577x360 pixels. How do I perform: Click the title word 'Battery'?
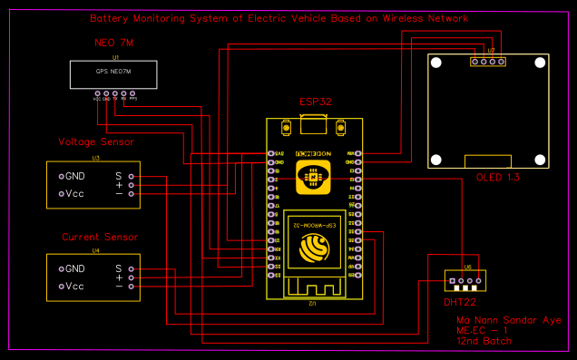pyautogui.click(x=110, y=19)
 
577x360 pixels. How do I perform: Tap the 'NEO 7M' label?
pyautogui.click(x=113, y=44)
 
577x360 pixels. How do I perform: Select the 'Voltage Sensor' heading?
pyautogui.click(x=96, y=141)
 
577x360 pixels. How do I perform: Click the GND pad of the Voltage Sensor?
pyautogui.click(x=62, y=176)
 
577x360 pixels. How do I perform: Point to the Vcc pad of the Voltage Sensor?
pyautogui.click(x=62, y=193)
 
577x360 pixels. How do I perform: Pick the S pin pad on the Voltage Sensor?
pyautogui.click(x=132, y=176)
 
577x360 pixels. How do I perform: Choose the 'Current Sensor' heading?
pyautogui.click(x=100, y=237)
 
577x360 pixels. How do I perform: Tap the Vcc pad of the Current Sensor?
pyautogui.click(x=62, y=287)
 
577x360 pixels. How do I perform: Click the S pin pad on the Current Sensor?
pyautogui.click(x=132, y=269)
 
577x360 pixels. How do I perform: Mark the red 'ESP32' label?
pyautogui.click(x=314, y=102)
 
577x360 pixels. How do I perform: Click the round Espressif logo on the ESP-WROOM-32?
pyautogui.click(x=314, y=246)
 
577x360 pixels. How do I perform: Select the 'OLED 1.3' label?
pyautogui.click(x=498, y=178)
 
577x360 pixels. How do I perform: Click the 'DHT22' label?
pyautogui.click(x=460, y=302)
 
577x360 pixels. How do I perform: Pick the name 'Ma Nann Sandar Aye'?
pyautogui.click(x=509, y=321)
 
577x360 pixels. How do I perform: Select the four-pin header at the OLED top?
pyautogui.click(x=488, y=63)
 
